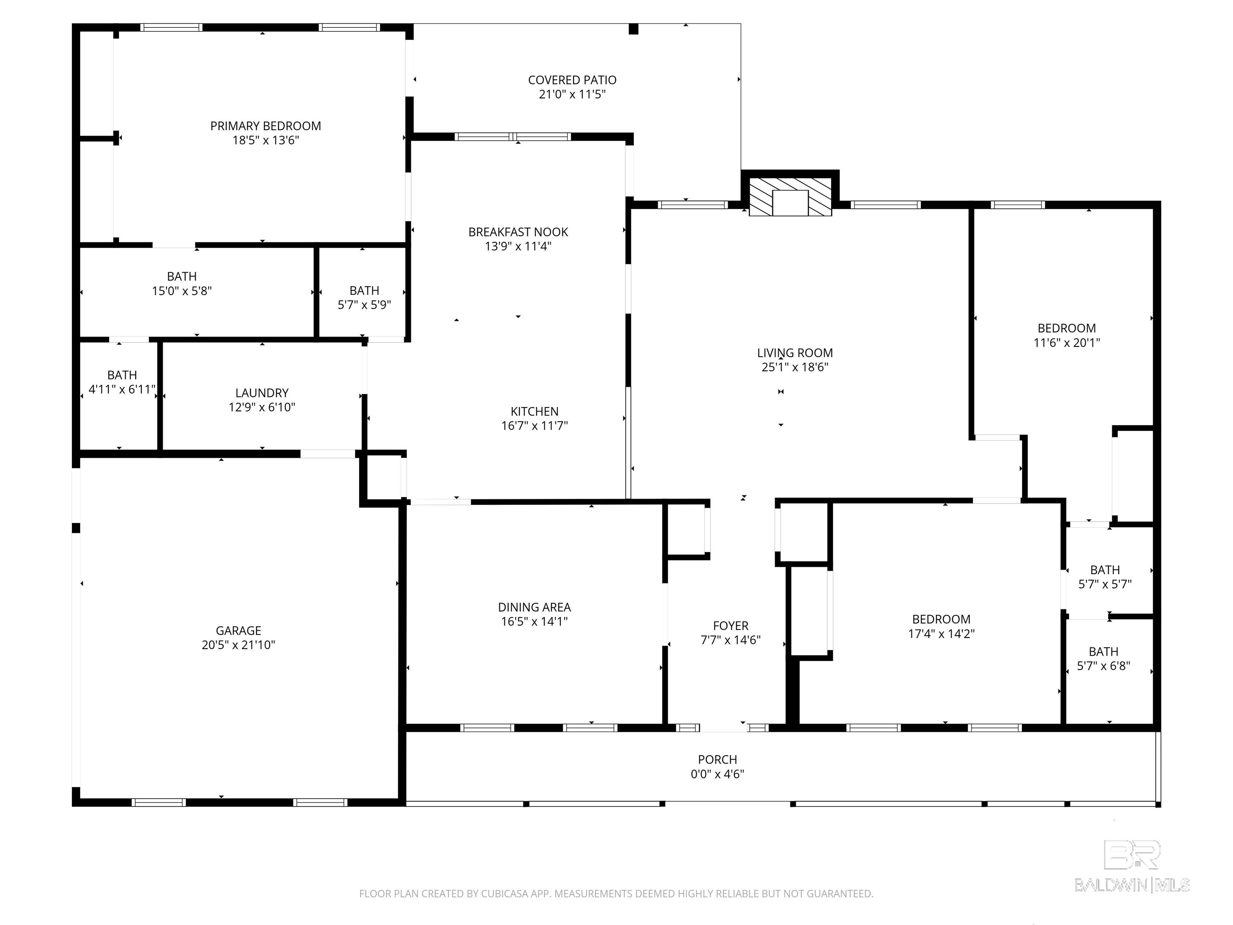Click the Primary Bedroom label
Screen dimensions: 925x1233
(265, 126)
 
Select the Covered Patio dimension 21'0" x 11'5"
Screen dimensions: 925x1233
(572, 94)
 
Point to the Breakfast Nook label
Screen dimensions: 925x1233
(518, 232)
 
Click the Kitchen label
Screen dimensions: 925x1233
(534, 412)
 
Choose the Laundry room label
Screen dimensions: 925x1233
(261, 393)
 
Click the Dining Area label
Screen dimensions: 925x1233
(534, 607)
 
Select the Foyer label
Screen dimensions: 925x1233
(730, 625)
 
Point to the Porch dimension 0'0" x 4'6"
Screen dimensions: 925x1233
(717, 774)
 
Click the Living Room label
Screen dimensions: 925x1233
(794, 353)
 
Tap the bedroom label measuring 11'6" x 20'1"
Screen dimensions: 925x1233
(1066, 328)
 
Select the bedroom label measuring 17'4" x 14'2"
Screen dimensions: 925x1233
(941, 619)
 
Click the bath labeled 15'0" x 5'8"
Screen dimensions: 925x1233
(182, 277)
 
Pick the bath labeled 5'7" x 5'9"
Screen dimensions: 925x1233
(364, 291)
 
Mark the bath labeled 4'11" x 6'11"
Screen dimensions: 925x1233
(122, 375)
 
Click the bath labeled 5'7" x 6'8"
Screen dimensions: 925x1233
(1103, 652)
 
